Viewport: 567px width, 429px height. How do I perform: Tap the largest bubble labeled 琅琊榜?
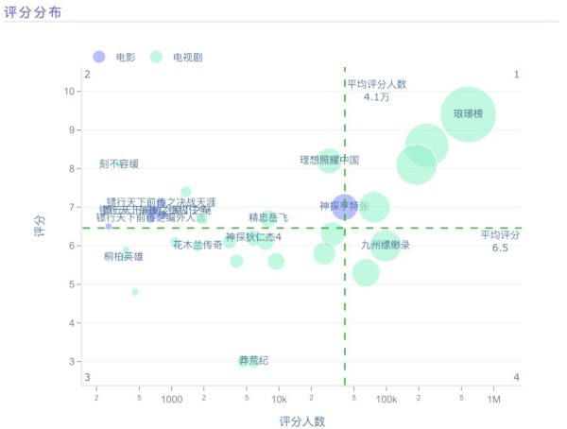[467, 114]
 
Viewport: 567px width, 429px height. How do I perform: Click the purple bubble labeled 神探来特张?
[344, 206]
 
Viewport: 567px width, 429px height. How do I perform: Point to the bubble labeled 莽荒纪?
[247, 361]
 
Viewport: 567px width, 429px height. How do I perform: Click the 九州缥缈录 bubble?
[385, 246]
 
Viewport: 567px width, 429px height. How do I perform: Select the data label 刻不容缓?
[119, 164]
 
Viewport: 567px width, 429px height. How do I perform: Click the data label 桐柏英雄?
[124, 256]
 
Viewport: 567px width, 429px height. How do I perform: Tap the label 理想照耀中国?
[329, 160]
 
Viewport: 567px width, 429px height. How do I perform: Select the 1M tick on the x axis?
[493, 401]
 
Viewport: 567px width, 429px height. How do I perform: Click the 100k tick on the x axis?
[386, 401]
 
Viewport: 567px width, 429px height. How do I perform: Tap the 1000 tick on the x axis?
[171, 401]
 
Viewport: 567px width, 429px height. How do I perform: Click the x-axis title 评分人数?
[302, 420]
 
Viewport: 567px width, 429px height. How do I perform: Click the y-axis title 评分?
[39, 227]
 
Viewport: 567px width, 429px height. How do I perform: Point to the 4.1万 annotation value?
[376, 97]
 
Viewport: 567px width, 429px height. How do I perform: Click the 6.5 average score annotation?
[500, 248]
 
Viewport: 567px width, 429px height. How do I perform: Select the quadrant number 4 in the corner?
[516, 378]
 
